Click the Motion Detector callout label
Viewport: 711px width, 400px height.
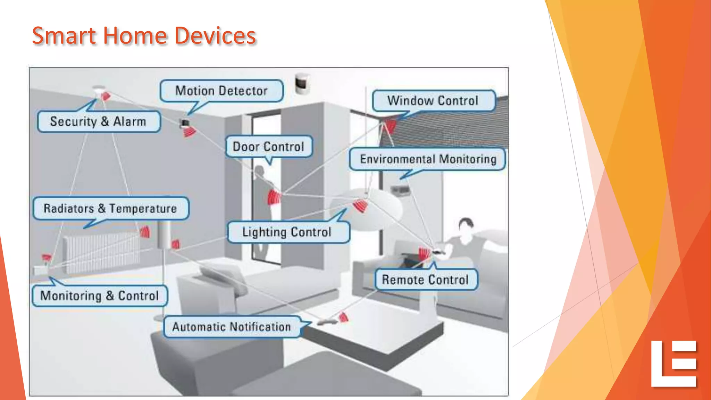tap(221, 91)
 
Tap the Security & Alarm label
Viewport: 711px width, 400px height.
tap(99, 122)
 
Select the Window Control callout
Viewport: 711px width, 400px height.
tap(433, 101)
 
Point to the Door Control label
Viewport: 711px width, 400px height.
tap(269, 147)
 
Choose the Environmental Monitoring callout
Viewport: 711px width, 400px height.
tap(428, 159)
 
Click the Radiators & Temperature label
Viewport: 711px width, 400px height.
tap(110, 208)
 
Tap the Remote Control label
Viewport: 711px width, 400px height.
tap(426, 280)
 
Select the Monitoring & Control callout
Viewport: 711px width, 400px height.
tap(100, 295)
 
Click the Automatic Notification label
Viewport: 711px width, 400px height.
tap(232, 327)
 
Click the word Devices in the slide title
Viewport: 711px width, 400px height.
tap(215, 36)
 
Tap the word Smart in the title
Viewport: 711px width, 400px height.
tap(64, 36)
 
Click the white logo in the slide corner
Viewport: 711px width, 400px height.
tap(674, 364)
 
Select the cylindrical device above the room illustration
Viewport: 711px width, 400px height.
tap(302, 83)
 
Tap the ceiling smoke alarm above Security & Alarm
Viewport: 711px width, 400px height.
tap(99, 91)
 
